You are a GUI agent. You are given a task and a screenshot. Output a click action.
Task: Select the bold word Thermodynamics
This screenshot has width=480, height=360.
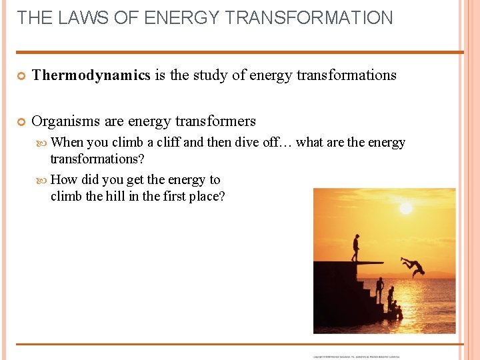[91, 75]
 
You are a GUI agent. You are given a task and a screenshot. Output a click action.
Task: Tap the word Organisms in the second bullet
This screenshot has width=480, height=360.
[66, 121]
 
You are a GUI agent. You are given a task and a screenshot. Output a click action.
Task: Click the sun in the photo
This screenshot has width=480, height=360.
[405, 208]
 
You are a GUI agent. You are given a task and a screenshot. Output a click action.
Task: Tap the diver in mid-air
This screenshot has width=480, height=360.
[414, 266]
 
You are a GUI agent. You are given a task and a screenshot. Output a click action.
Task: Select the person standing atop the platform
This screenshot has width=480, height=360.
[356, 247]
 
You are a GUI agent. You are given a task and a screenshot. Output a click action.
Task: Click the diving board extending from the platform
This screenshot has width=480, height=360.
[371, 263]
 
